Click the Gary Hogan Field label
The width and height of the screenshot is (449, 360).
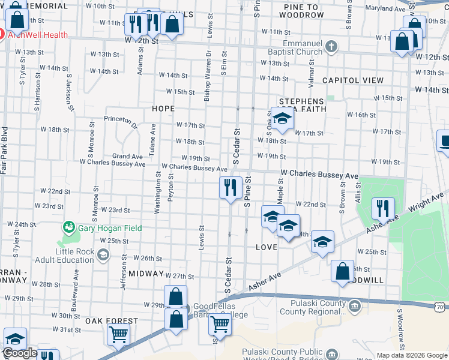[103, 228]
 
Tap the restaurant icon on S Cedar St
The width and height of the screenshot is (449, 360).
[229, 188]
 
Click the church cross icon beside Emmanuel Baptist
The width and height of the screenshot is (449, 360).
[331, 46]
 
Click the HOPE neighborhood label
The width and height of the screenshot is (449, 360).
[163, 109]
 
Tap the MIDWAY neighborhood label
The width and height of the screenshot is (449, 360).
[146, 274]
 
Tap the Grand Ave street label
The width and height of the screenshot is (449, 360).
[127, 157]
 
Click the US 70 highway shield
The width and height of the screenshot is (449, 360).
[441, 308]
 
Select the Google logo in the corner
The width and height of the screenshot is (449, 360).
[20, 353]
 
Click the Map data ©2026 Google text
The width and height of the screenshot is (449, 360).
[411, 355]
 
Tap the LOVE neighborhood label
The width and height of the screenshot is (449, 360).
[266, 247]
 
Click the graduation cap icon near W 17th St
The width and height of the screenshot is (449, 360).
[281, 119]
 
